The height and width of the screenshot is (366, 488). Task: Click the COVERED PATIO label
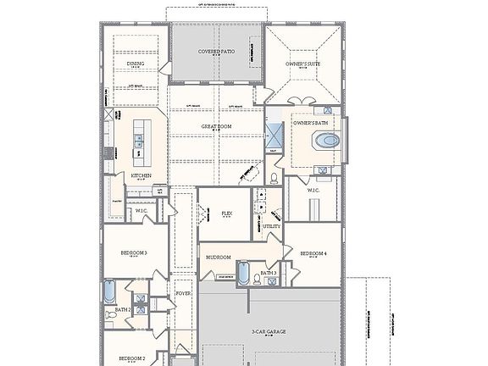(x=218, y=51)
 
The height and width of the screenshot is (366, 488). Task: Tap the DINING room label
(x=136, y=63)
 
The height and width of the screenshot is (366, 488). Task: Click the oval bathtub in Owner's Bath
(x=326, y=141)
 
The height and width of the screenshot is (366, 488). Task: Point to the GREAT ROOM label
(x=217, y=126)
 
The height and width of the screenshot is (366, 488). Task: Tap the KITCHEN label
(x=141, y=175)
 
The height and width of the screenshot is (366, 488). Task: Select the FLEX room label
(x=226, y=213)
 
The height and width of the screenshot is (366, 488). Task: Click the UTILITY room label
(x=272, y=226)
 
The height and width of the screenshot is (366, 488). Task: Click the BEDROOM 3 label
(x=134, y=252)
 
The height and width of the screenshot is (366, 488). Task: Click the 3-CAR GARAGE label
(x=269, y=331)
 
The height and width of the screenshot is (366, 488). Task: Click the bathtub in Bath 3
(x=244, y=274)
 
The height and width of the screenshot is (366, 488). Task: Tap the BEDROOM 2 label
(x=131, y=358)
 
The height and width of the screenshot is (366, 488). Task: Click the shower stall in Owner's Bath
(x=275, y=133)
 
